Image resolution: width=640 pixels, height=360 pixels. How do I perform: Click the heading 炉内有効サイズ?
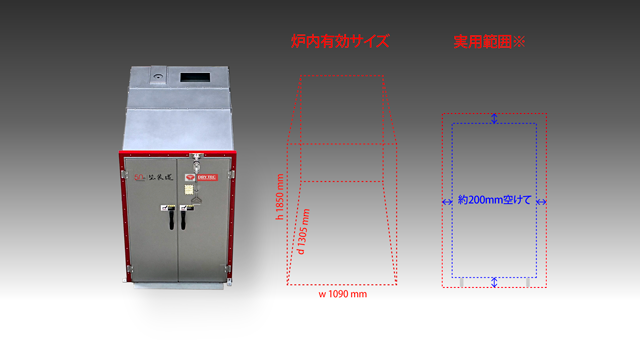(339, 41)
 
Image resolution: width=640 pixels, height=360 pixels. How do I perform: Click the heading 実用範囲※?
(489, 41)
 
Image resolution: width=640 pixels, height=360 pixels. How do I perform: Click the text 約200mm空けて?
(495, 200)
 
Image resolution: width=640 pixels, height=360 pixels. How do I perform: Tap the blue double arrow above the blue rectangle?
(495, 119)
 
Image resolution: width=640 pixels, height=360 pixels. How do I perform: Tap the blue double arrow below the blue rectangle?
(495, 283)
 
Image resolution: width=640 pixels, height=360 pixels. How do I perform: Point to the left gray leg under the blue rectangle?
(462, 283)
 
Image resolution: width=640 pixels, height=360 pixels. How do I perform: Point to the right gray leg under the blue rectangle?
(528, 283)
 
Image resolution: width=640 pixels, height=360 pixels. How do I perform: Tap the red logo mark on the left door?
(139, 179)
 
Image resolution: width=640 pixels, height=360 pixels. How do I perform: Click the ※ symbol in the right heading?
(521, 41)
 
